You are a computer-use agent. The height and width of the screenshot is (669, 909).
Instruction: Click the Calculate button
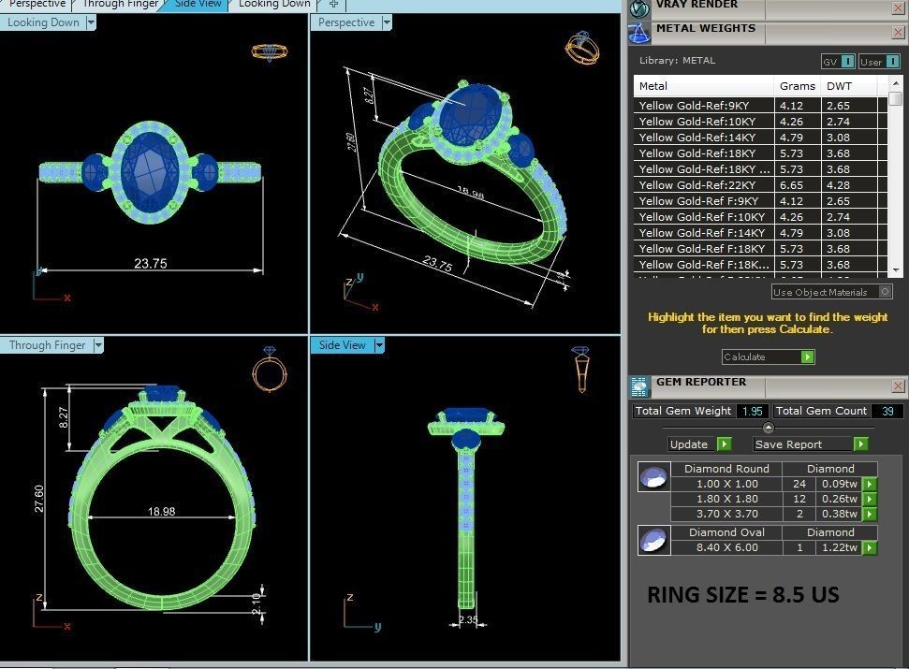(768, 356)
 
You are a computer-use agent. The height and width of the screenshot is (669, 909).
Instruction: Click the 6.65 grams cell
(792, 185)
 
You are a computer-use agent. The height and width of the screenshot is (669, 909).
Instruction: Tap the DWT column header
(839, 86)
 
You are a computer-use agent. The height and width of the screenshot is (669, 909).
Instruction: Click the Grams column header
(797, 86)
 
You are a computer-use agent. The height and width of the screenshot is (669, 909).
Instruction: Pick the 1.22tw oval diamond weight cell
(838, 547)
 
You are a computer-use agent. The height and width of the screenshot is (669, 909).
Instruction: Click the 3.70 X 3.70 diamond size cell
(726, 514)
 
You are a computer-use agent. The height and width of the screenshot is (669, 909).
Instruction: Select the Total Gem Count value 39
(887, 411)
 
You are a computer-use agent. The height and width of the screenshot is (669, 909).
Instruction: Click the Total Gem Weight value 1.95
(752, 411)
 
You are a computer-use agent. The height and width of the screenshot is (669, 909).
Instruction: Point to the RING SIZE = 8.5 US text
(743, 595)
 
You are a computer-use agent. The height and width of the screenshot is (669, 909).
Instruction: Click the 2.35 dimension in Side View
(469, 618)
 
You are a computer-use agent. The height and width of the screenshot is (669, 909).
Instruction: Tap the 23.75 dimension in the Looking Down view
(150, 264)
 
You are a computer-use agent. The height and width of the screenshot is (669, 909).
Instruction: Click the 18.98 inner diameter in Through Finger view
(161, 512)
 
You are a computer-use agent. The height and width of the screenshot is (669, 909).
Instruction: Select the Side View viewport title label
(342, 345)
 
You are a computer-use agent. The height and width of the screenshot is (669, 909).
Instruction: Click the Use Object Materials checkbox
(886, 292)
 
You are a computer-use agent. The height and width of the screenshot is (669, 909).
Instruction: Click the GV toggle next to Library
(838, 62)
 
